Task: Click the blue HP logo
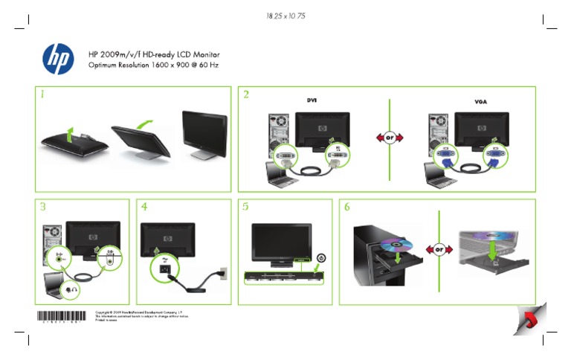(x=59, y=59)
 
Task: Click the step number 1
(x=44, y=95)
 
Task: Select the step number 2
(x=247, y=95)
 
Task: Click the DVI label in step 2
(x=313, y=100)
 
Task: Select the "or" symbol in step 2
(x=390, y=138)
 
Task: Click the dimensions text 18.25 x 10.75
(x=285, y=16)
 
